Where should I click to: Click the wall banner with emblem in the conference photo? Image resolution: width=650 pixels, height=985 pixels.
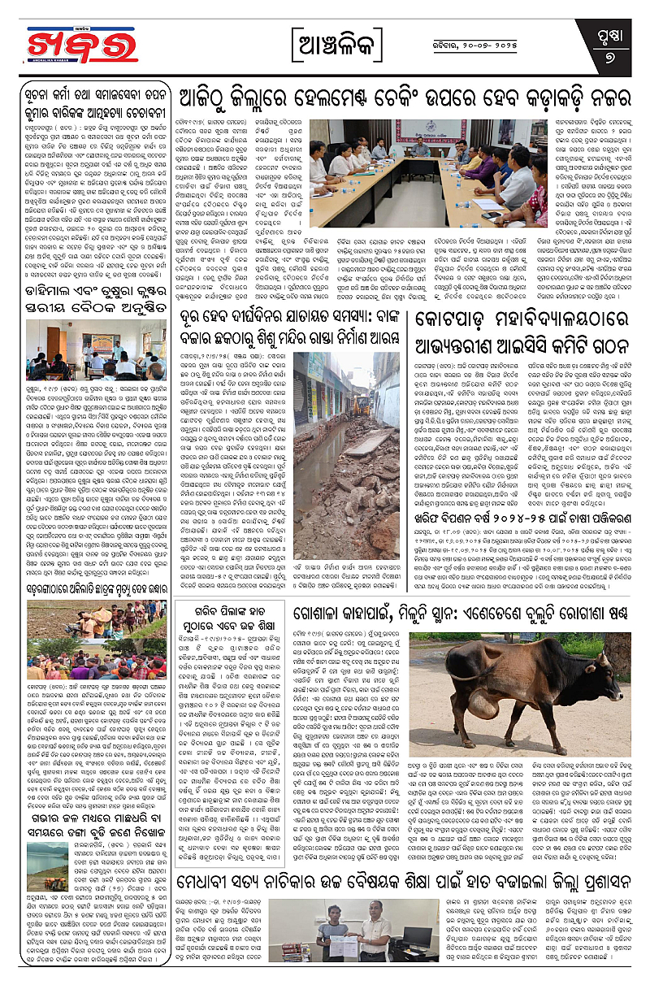(x=420, y=128)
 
